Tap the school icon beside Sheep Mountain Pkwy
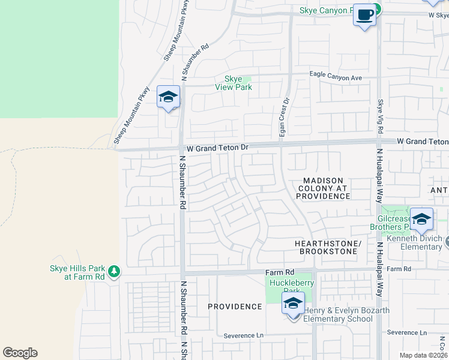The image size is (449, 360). coord(168,97)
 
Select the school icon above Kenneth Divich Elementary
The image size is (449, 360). coord(421,219)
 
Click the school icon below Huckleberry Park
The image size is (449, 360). coord(293,304)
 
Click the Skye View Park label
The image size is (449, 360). coord(234,83)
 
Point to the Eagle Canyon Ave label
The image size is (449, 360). coord(336,77)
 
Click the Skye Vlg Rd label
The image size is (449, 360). coord(380,117)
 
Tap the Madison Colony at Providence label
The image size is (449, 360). coord(322,188)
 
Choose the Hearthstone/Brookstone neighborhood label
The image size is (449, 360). coord(327,248)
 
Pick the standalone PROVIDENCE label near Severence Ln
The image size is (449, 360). coord(235,307)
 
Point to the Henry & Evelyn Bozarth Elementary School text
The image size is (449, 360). coord(346,314)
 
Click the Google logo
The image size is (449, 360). coord(20,353)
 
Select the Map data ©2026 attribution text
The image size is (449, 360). coord(423,355)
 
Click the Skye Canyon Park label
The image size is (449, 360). coord(332,11)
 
